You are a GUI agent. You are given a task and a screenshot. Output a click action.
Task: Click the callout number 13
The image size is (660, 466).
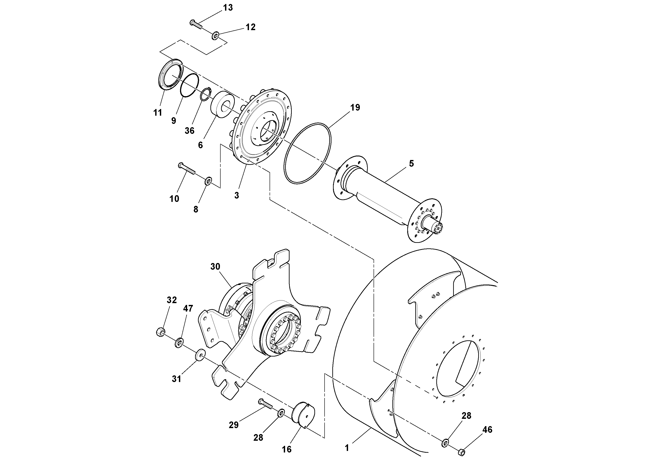point(228,8)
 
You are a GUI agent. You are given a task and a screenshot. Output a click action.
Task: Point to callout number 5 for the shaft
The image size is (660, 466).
point(411,164)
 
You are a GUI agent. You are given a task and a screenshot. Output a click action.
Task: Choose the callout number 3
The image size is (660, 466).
point(236,196)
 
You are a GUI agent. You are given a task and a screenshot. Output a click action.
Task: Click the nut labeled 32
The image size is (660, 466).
point(160,332)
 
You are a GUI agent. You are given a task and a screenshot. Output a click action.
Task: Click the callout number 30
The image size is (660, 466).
point(215,267)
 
